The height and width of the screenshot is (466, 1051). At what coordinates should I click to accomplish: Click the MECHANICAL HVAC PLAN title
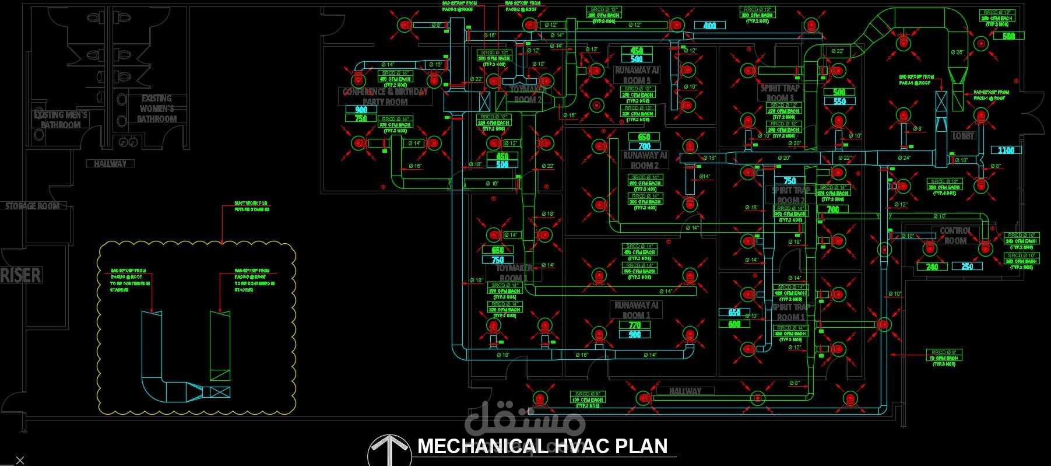click(x=543, y=446)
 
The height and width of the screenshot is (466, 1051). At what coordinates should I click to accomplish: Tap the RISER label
click(x=21, y=275)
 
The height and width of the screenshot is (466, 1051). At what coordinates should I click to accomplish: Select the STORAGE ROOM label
click(x=33, y=206)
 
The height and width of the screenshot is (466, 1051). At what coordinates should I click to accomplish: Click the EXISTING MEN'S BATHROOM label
click(x=61, y=120)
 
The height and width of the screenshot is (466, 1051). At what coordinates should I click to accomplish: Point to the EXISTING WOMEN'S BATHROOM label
click(x=157, y=108)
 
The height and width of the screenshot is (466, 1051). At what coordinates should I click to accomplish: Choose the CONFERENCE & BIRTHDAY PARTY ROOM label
click(x=385, y=96)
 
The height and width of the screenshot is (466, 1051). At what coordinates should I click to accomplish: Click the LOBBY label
click(x=963, y=135)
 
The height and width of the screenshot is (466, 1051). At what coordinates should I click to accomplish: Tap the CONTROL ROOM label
click(x=955, y=236)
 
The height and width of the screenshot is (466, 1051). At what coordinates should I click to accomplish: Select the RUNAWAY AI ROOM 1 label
click(x=636, y=310)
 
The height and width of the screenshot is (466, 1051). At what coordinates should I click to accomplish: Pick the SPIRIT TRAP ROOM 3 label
click(x=780, y=93)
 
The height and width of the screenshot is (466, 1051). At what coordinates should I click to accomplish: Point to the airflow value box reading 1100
click(x=1006, y=150)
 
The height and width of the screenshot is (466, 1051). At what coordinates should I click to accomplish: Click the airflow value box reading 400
click(x=709, y=26)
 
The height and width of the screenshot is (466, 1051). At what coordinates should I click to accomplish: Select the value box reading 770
click(x=635, y=325)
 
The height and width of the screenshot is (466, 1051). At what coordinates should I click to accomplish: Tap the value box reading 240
click(x=932, y=267)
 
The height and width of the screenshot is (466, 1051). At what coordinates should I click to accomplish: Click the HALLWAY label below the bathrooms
click(x=110, y=164)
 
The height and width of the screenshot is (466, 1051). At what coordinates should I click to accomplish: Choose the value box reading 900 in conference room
click(x=361, y=109)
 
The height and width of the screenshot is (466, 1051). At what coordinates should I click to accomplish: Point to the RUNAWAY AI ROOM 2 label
click(x=644, y=160)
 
